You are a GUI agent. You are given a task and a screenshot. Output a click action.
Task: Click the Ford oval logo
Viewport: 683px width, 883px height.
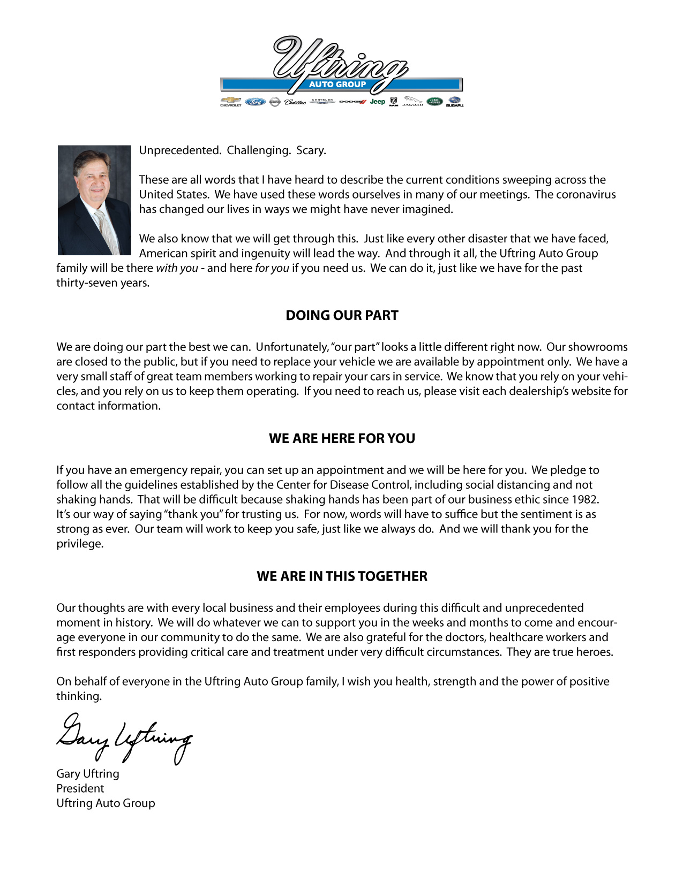tap(256, 102)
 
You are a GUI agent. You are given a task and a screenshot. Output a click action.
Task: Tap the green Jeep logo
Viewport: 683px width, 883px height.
tap(377, 101)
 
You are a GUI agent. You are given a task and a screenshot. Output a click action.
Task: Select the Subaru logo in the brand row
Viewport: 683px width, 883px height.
tap(454, 101)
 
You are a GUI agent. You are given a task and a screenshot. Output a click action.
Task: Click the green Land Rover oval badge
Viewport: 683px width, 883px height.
tap(434, 101)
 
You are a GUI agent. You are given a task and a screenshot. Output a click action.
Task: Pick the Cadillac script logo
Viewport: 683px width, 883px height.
tap(295, 102)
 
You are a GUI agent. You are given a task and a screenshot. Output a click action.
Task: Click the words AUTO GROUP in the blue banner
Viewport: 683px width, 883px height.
tap(337, 84)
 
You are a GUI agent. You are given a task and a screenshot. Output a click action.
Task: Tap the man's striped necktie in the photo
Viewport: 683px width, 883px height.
tap(107, 230)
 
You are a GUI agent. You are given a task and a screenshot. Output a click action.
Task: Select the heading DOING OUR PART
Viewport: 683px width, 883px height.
tap(342, 315)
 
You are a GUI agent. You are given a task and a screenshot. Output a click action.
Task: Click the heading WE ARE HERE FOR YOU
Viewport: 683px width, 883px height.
tap(342, 438)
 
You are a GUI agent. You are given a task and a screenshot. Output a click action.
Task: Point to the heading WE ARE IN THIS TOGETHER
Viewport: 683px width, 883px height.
tap(342, 576)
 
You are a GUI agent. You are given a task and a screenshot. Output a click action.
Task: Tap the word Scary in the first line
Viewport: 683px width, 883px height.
tap(311, 150)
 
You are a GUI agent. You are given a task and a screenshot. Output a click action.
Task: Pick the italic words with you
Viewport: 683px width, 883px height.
tap(177, 268)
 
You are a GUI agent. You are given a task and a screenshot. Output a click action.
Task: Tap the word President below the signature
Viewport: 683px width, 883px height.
tap(80, 788)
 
